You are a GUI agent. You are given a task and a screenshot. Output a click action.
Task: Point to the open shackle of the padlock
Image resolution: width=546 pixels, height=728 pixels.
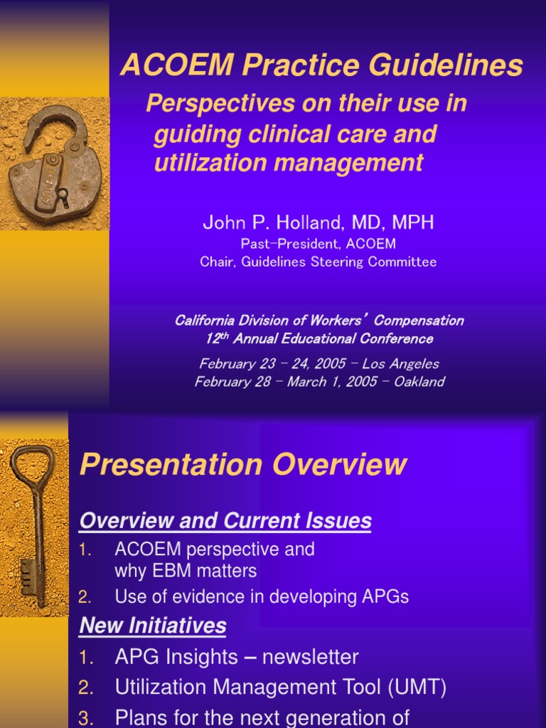(54, 124)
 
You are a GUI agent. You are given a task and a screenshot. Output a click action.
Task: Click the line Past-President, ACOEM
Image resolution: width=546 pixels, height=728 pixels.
(318, 244)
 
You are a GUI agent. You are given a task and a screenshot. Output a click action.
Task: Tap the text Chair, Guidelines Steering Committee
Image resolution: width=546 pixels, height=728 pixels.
(318, 262)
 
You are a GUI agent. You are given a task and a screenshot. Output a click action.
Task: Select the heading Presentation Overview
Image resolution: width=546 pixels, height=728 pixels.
(243, 465)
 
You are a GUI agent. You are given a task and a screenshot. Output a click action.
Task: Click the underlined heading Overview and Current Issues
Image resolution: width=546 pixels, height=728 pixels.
(225, 521)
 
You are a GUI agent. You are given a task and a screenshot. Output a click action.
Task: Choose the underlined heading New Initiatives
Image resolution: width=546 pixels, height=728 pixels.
(153, 626)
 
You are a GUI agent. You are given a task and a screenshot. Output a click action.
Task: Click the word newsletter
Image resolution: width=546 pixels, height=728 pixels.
(310, 657)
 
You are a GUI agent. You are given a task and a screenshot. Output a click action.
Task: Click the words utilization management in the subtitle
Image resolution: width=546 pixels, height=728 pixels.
(289, 163)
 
